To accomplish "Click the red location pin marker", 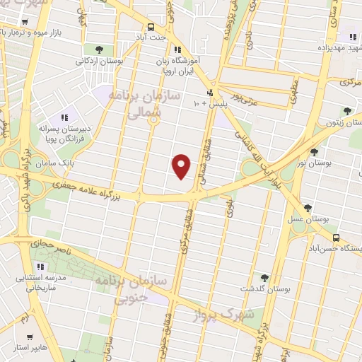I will [x=182, y=165].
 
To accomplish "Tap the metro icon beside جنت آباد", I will [x=151, y=25].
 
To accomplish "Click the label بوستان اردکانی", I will [x=99, y=62].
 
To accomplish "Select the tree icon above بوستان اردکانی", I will [x=98, y=49].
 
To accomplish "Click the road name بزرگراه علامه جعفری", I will [x=88, y=184].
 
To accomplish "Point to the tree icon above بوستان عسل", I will [x=308, y=208].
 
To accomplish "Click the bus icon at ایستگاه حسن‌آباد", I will [x=337, y=238].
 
